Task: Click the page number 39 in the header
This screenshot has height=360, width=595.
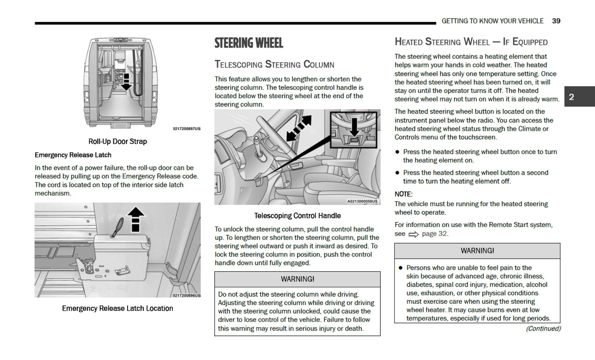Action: point(556,21)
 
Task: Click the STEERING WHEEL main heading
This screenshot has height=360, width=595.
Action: point(249,43)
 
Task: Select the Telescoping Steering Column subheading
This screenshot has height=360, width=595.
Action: point(274,65)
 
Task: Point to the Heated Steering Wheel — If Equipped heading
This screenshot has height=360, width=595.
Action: point(471,42)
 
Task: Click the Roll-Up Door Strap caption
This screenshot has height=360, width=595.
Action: point(117,141)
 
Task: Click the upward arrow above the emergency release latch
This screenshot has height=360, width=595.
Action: point(135,219)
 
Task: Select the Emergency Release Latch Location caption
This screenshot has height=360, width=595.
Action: point(117,308)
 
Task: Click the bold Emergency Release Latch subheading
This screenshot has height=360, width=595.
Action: point(73,155)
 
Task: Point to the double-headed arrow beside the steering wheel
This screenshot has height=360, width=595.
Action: point(299,128)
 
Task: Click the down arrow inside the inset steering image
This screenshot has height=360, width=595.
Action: point(354,127)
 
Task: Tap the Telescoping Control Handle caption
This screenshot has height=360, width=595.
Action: point(297,216)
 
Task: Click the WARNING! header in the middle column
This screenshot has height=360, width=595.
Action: point(297,279)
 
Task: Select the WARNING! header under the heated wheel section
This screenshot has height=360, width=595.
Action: point(477,251)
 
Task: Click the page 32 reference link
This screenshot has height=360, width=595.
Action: point(434,234)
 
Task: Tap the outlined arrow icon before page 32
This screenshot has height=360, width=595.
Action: point(413,234)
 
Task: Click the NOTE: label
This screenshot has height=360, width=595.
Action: point(403,194)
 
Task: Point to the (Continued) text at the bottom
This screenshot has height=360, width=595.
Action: point(543,328)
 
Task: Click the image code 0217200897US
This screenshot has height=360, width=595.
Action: point(187,129)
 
